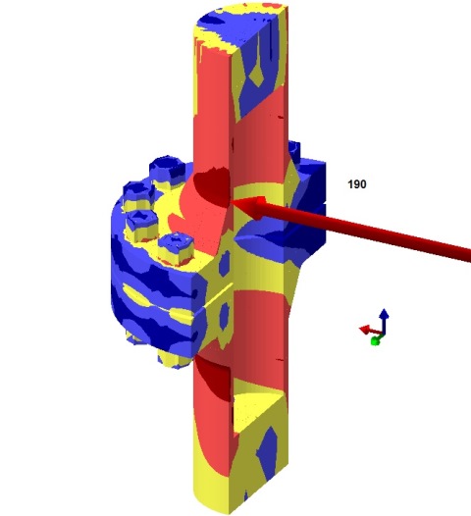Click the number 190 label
[357, 183]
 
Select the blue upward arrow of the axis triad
[385, 317]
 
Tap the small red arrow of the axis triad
[364, 330]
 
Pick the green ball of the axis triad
[375, 340]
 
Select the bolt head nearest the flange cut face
[181, 250]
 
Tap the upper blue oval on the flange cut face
[226, 265]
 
